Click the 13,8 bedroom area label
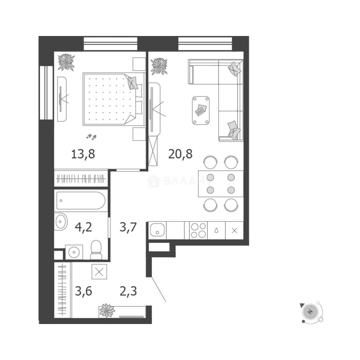pyautogui.click(x=83, y=154)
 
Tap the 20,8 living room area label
pyautogui.click(x=180, y=154)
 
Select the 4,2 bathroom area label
pyautogui.click(x=83, y=228)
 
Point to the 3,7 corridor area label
pyautogui.click(x=128, y=228)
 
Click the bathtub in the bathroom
pyautogui.click(x=81, y=200)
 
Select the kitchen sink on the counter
pyautogui.click(x=157, y=230)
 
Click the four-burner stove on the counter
pyautogui.click(x=198, y=230)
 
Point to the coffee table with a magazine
pyautogui.click(x=201, y=110)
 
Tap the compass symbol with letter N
pyautogui.click(x=311, y=312)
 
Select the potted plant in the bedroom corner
pyautogui.click(x=66, y=62)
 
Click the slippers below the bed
pyautogui.click(x=91, y=136)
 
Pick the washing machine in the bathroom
pyautogui.click(x=74, y=252)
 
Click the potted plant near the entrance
pyautogui.click(x=107, y=310)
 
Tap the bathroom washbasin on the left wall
pyautogui.click(x=60, y=220)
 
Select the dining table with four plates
pyautogui.click(x=220, y=184)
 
